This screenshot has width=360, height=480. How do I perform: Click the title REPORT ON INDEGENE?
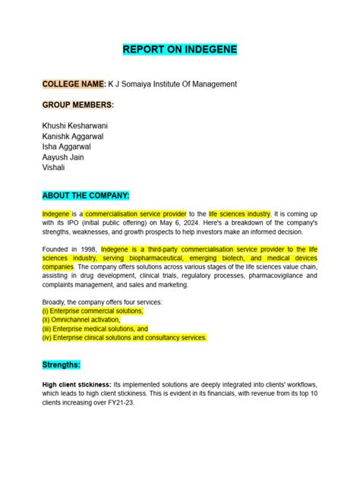click(180, 50)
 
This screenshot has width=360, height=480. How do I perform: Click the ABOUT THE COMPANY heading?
click(87, 195)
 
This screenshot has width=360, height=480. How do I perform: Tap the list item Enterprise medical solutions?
click(95, 329)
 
